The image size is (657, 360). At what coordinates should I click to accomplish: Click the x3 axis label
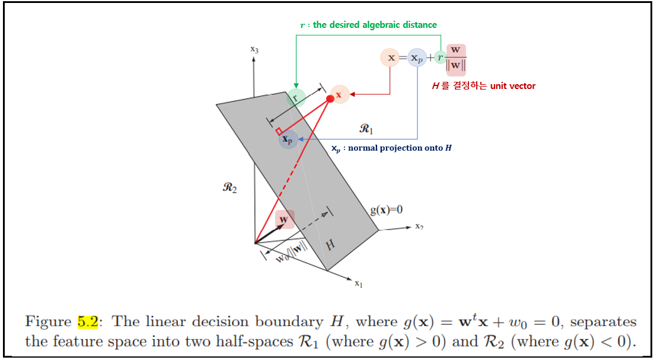pos(254,50)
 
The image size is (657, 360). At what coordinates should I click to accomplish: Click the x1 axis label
pos(358,284)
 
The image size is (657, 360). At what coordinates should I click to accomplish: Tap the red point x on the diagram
pos(330,98)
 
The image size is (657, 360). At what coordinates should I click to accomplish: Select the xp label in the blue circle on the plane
pos(288,139)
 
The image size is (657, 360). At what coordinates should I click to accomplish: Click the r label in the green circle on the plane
pos(295,98)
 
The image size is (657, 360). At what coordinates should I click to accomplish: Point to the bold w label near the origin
pos(284,219)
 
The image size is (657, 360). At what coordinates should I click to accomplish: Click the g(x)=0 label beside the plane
pos(387,210)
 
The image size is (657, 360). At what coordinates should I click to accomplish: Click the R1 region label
pos(366,128)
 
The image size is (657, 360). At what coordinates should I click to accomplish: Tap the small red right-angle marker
pos(279,131)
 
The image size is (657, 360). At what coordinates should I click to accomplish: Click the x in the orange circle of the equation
pos(390,58)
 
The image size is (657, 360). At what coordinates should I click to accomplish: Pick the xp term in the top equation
pos(417,58)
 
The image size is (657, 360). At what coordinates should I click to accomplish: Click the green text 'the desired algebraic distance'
pos(375,25)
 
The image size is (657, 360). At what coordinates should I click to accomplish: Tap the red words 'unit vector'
pos(513,86)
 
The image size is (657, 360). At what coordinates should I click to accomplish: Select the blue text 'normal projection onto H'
pos(400,148)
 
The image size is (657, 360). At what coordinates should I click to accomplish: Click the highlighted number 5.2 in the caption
pos(88,321)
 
